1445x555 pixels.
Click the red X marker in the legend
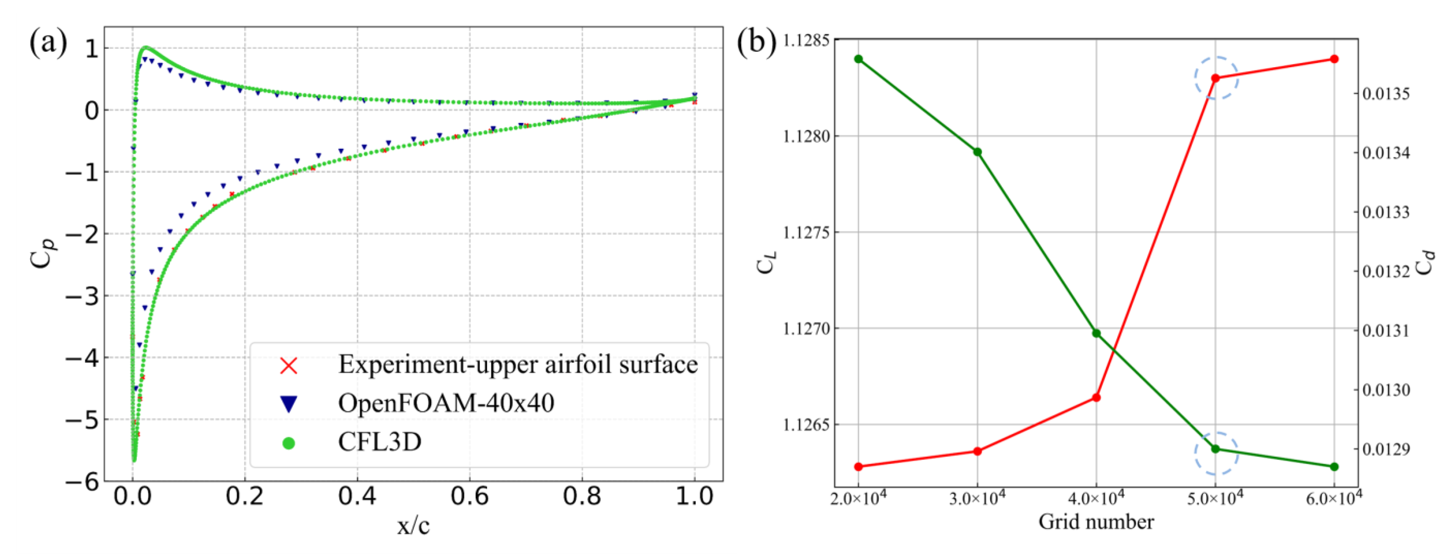coord(289,366)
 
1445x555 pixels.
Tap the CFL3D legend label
coord(380,442)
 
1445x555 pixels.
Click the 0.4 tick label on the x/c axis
coord(357,496)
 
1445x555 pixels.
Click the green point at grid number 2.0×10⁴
coord(858,59)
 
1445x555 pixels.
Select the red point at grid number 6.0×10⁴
coord(1335,59)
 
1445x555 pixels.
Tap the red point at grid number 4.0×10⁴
coord(1097,398)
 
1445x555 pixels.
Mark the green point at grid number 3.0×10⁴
coord(977,152)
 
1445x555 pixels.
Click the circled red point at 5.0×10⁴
coord(1215,78)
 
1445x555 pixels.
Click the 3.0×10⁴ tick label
coord(977,498)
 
